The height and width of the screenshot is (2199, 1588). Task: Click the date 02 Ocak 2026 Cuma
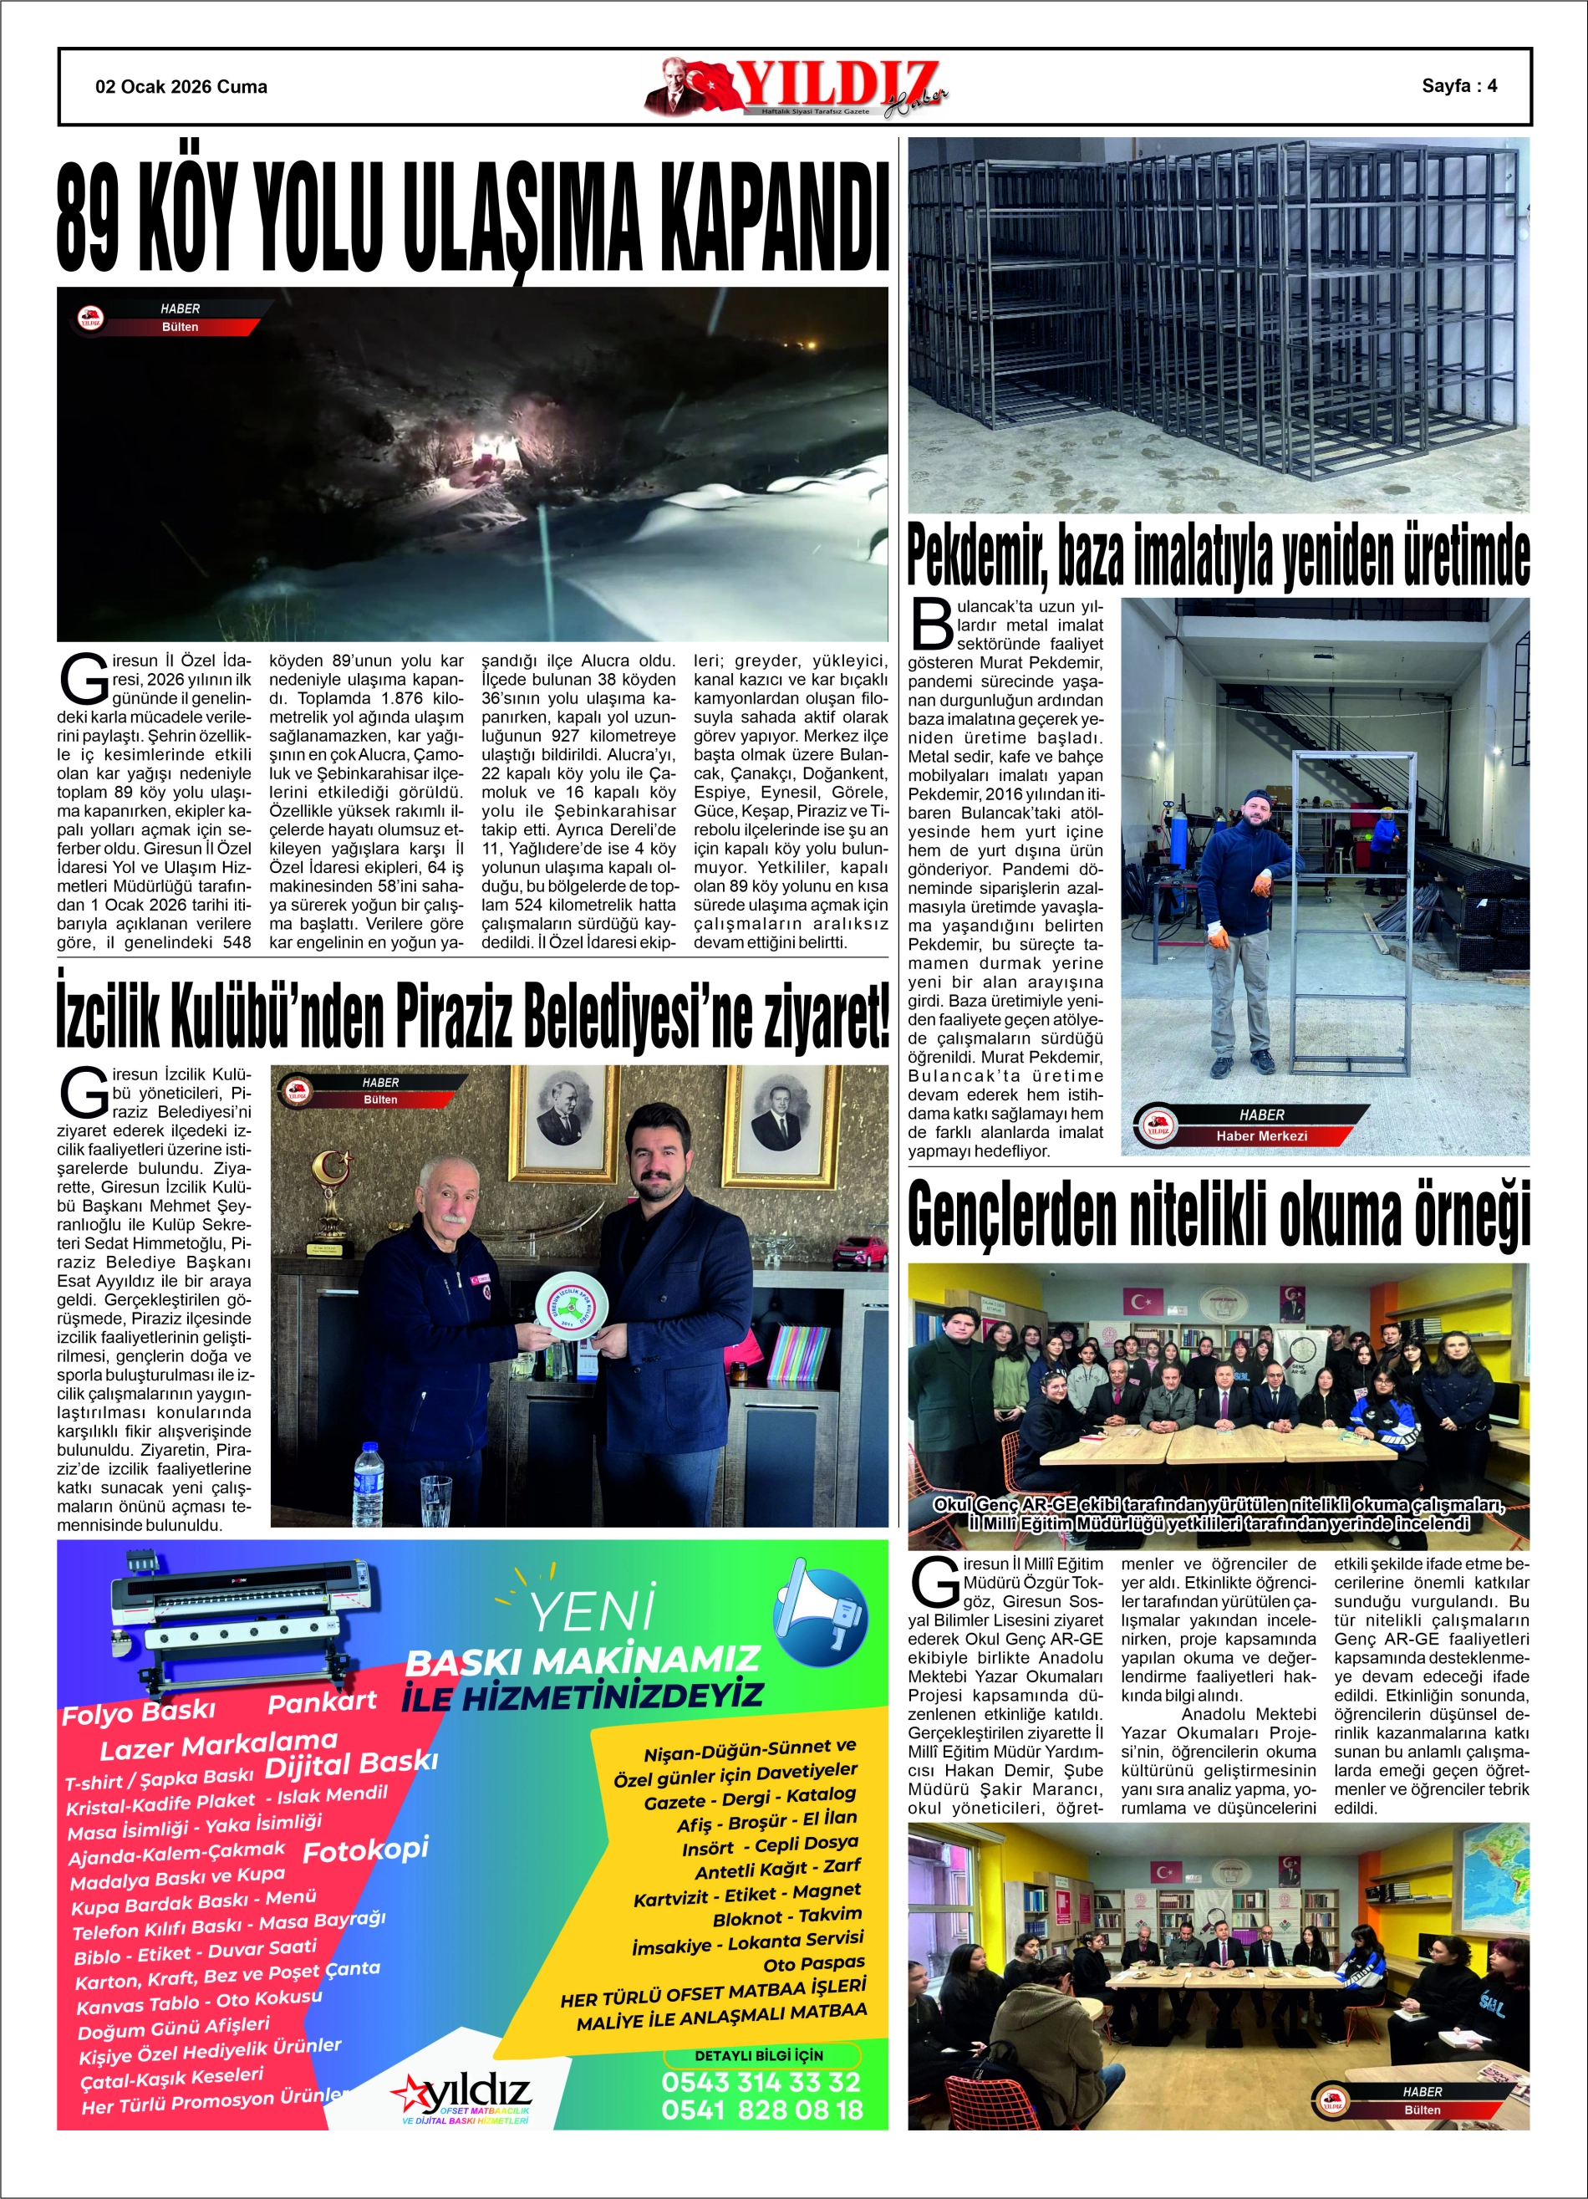[x=181, y=86]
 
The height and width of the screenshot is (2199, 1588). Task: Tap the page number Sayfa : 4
[x=1459, y=85]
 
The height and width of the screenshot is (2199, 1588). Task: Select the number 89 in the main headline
[x=89, y=219]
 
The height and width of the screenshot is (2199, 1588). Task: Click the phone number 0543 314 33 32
[x=761, y=2082]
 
